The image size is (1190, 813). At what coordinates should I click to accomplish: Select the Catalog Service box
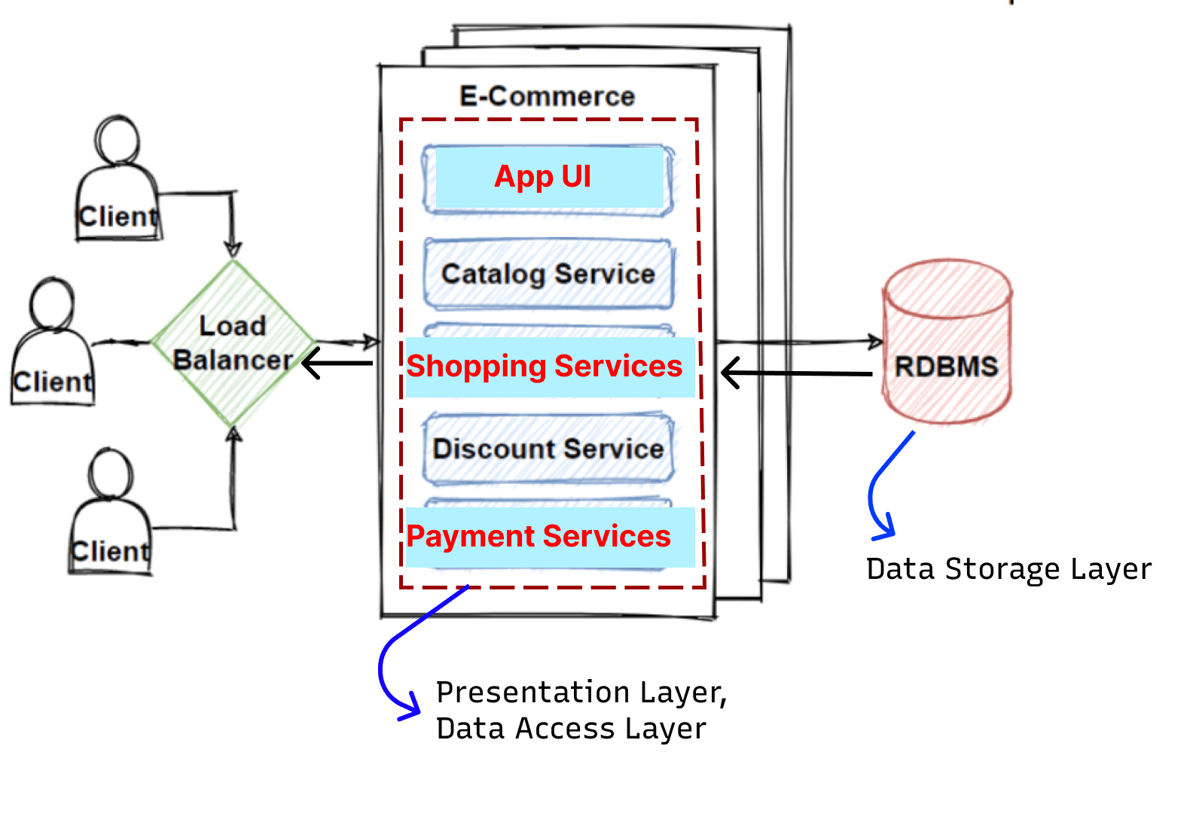click(x=548, y=274)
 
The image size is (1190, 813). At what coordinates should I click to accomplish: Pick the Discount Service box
click(x=548, y=449)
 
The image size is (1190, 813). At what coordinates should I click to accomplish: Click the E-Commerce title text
click(x=548, y=96)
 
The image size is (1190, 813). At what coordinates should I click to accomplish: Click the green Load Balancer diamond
click(x=233, y=343)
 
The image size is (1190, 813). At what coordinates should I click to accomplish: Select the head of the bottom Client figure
click(x=111, y=473)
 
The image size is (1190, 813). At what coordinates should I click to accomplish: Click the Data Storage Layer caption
click(x=1008, y=569)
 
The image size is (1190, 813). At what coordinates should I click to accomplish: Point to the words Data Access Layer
click(x=571, y=729)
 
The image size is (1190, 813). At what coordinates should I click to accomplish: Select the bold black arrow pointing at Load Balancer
click(x=337, y=364)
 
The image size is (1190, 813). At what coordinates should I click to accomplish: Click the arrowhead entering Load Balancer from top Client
click(x=233, y=249)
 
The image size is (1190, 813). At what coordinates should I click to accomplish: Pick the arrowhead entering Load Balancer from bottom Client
click(x=233, y=435)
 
